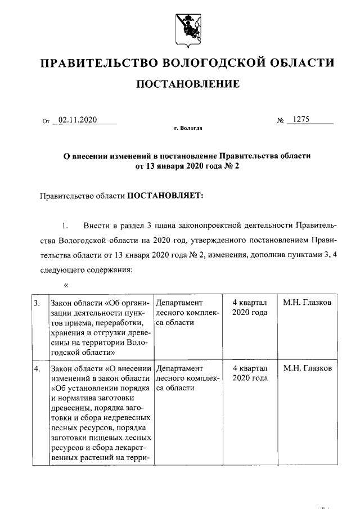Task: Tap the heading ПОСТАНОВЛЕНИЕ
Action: coord(188,84)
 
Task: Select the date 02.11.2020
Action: coord(78,120)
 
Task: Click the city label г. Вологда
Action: coord(188,128)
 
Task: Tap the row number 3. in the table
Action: coord(37,303)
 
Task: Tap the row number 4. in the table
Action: coord(37,369)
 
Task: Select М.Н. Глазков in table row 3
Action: coord(308,303)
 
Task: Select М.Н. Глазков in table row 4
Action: coord(308,369)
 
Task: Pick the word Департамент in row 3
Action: coord(179,303)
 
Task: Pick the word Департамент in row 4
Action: coord(179,369)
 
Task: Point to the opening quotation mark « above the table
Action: coord(66,285)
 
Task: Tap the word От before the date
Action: coord(46,121)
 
